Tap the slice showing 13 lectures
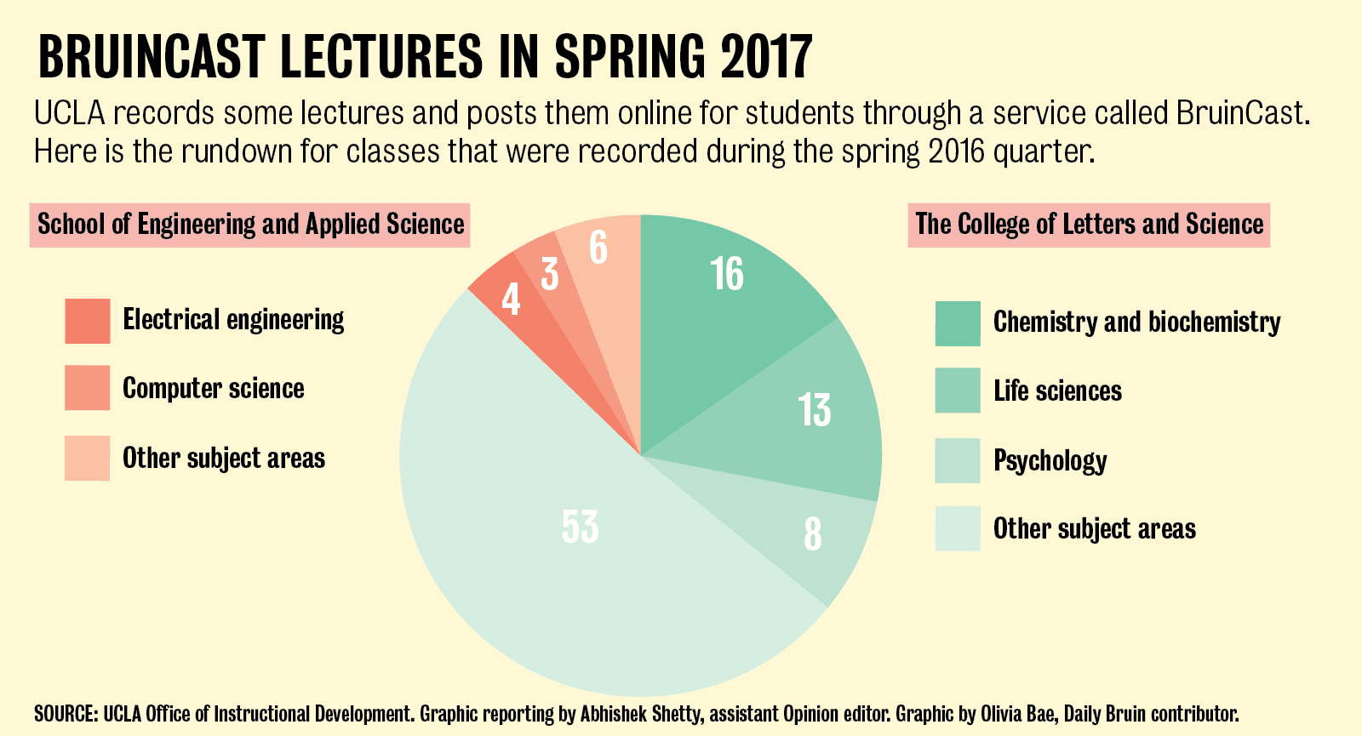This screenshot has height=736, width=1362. click(x=809, y=408)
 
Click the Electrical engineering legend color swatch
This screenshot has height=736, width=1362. click(x=88, y=321)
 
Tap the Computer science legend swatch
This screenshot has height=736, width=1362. click(x=88, y=388)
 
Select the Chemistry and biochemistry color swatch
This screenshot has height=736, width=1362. click(x=958, y=323)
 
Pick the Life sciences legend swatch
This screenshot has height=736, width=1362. click(x=958, y=391)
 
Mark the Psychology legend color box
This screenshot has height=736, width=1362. click(x=958, y=460)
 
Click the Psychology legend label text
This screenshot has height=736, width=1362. click(x=1050, y=461)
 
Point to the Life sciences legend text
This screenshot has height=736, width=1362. click(x=1057, y=391)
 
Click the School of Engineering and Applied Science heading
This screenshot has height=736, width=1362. click(x=250, y=225)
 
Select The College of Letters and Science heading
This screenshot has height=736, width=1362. click(x=1089, y=225)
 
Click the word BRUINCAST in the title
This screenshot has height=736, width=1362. click(x=152, y=58)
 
